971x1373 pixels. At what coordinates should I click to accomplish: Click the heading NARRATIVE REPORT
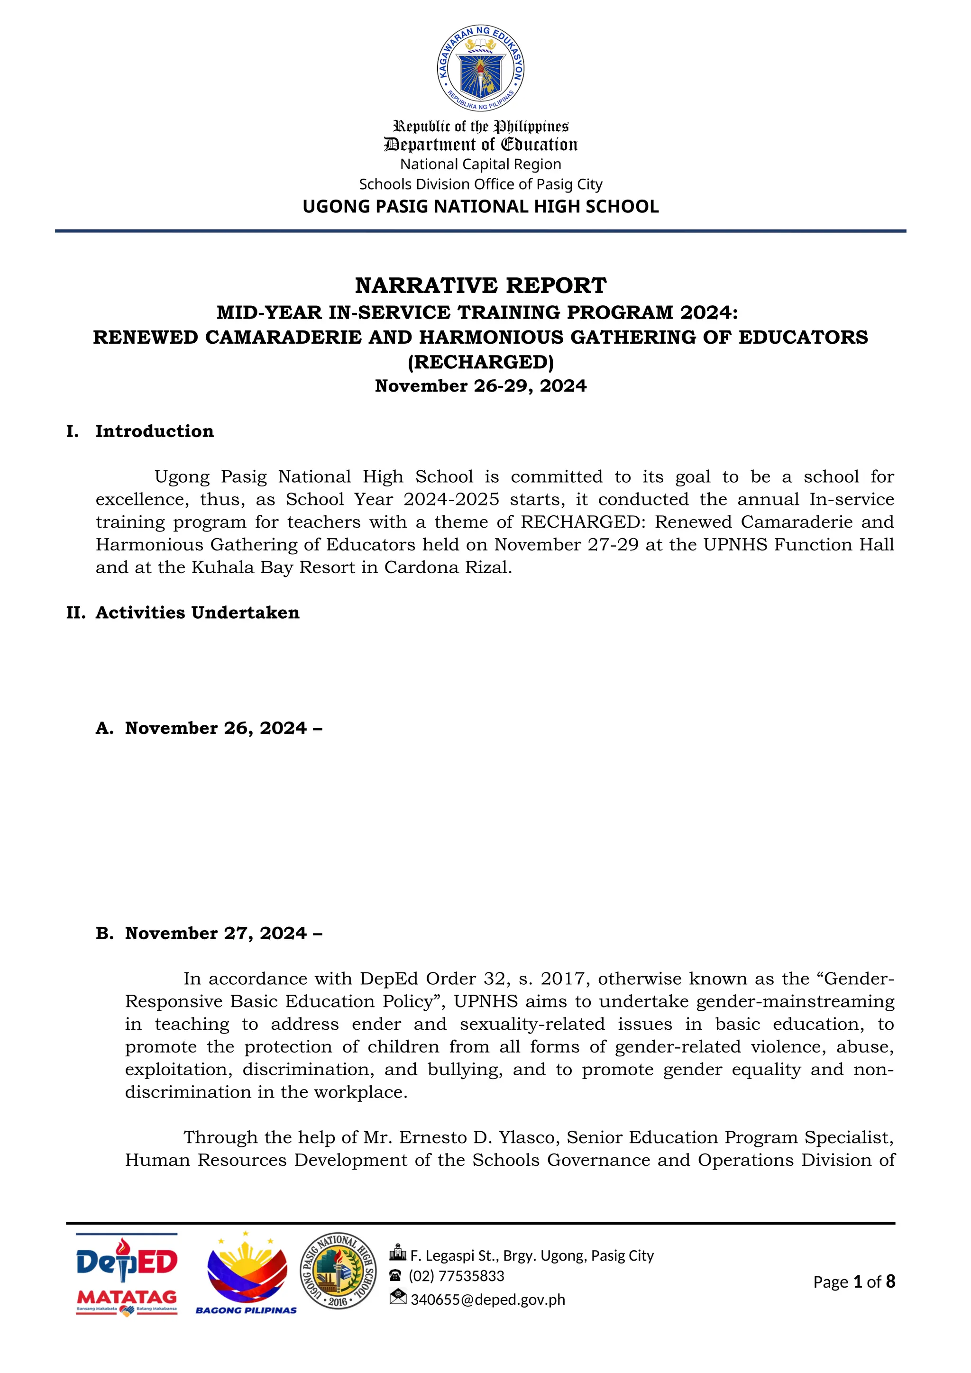point(481,286)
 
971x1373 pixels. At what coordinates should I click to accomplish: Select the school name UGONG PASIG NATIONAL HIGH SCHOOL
point(481,207)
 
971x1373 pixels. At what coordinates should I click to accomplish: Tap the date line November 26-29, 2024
point(481,386)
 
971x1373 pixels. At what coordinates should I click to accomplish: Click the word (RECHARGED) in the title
point(481,362)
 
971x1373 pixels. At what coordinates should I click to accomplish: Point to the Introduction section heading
point(154,431)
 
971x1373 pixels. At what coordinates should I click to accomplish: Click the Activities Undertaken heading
point(197,613)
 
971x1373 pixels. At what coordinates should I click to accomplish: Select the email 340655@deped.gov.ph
point(487,1300)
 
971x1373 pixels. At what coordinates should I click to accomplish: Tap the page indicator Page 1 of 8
point(854,1281)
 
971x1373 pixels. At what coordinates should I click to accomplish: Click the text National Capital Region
point(481,165)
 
